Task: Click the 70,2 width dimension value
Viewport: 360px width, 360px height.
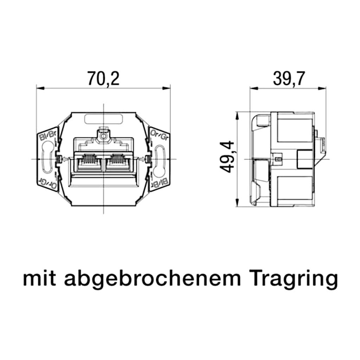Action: tap(103, 79)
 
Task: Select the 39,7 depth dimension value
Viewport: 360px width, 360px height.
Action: tap(289, 79)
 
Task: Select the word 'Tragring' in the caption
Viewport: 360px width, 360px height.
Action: tap(294, 279)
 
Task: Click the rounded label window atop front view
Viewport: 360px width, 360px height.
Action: tap(103, 119)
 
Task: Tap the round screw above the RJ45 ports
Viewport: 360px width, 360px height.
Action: tap(103, 135)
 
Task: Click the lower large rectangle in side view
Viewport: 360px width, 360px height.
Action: tap(295, 188)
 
